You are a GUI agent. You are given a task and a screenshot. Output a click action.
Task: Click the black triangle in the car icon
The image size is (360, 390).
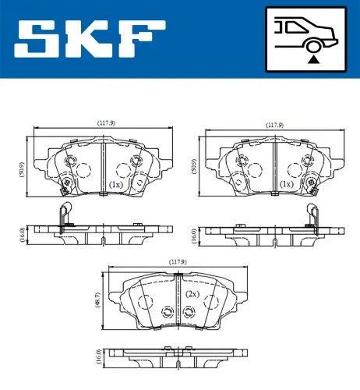[313, 58]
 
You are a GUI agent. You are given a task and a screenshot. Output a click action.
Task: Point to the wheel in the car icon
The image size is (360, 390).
[313, 44]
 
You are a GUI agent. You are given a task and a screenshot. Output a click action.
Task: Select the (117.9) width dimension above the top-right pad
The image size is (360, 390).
[274, 124]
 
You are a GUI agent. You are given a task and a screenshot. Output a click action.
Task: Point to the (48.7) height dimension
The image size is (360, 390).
[97, 300]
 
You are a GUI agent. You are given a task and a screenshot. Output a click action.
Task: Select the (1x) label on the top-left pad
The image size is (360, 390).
[116, 184]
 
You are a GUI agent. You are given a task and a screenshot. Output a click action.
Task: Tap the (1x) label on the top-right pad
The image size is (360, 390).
[286, 184]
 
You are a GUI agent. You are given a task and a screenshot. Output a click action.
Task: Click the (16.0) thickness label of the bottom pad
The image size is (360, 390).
[97, 356]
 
